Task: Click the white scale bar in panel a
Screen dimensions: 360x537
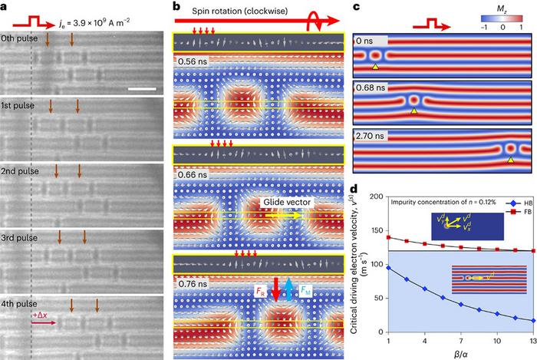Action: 142,88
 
